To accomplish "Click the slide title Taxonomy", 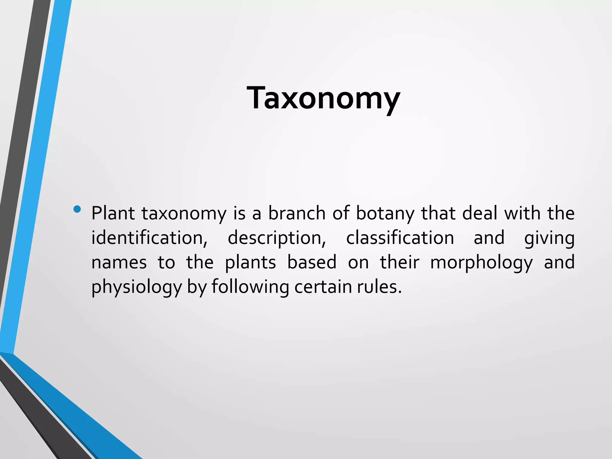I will tap(323, 98).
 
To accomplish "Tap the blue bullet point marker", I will tap(77, 209).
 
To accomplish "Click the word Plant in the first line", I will tap(113, 213).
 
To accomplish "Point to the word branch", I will tap(296, 213).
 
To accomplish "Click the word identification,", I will tap(149, 238).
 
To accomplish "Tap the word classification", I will tap(400, 238).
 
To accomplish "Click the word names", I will tap(119, 263).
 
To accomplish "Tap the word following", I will tap(250, 287).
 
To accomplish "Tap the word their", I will tap(399, 263).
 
